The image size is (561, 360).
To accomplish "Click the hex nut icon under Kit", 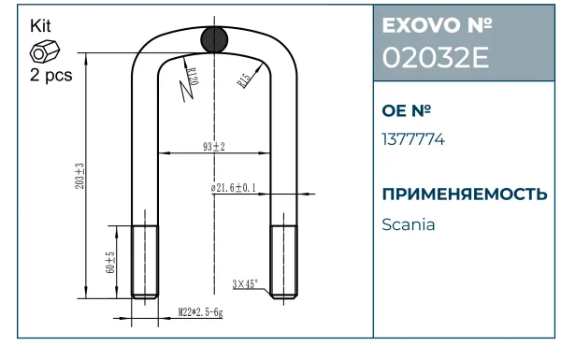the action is [x=44, y=52].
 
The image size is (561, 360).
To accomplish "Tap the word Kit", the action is [x=40, y=26].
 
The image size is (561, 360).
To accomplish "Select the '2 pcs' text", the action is [x=50, y=75].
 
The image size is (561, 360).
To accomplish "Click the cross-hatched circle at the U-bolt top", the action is [x=214, y=39].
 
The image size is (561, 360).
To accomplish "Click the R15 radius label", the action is [x=244, y=80].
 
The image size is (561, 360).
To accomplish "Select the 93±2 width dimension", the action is [x=214, y=147].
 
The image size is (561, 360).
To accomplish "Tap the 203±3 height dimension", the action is [x=79, y=176].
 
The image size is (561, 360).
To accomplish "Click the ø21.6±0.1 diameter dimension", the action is [x=233, y=188].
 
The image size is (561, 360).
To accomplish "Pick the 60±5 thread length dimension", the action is [x=110, y=263].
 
